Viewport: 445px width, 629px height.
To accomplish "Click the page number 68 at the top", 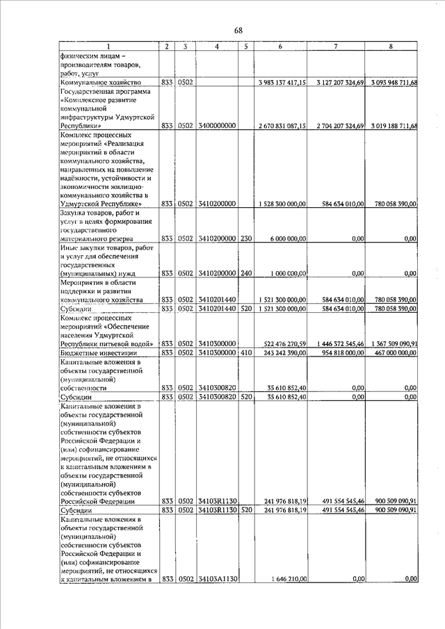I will click(x=238, y=30).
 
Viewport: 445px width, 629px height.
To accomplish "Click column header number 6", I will click(x=280, y=47).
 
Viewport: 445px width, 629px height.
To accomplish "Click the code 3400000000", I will click(x=218, y=126).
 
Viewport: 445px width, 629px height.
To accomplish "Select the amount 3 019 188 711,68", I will click(x=391, y=126).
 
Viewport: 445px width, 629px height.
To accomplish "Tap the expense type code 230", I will click(x=245, y=238).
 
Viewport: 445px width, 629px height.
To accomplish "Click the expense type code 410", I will click(x=245, y=353).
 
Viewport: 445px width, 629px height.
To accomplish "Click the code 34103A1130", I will click(x=218, y=579).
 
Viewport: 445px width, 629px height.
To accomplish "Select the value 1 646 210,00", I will click(x=289, y=579).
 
